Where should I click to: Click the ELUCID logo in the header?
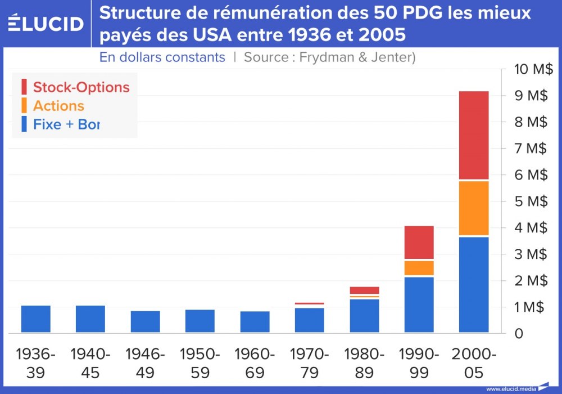point(46,23)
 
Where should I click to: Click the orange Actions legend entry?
point(58,106)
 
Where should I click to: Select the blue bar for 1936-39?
point(36,319)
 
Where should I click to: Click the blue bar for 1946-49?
point(146,321)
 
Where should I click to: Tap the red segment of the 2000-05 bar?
point(474,135)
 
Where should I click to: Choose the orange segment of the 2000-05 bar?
point(474,208)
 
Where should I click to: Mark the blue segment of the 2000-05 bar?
point(474,284)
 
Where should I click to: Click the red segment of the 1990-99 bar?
point(419,242)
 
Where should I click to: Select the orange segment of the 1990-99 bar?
point(419,267)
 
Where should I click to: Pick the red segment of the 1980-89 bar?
point(364,290)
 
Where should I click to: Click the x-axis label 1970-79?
point(310,363)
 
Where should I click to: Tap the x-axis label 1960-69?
point(255,363)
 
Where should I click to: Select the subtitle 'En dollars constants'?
point(162,57)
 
